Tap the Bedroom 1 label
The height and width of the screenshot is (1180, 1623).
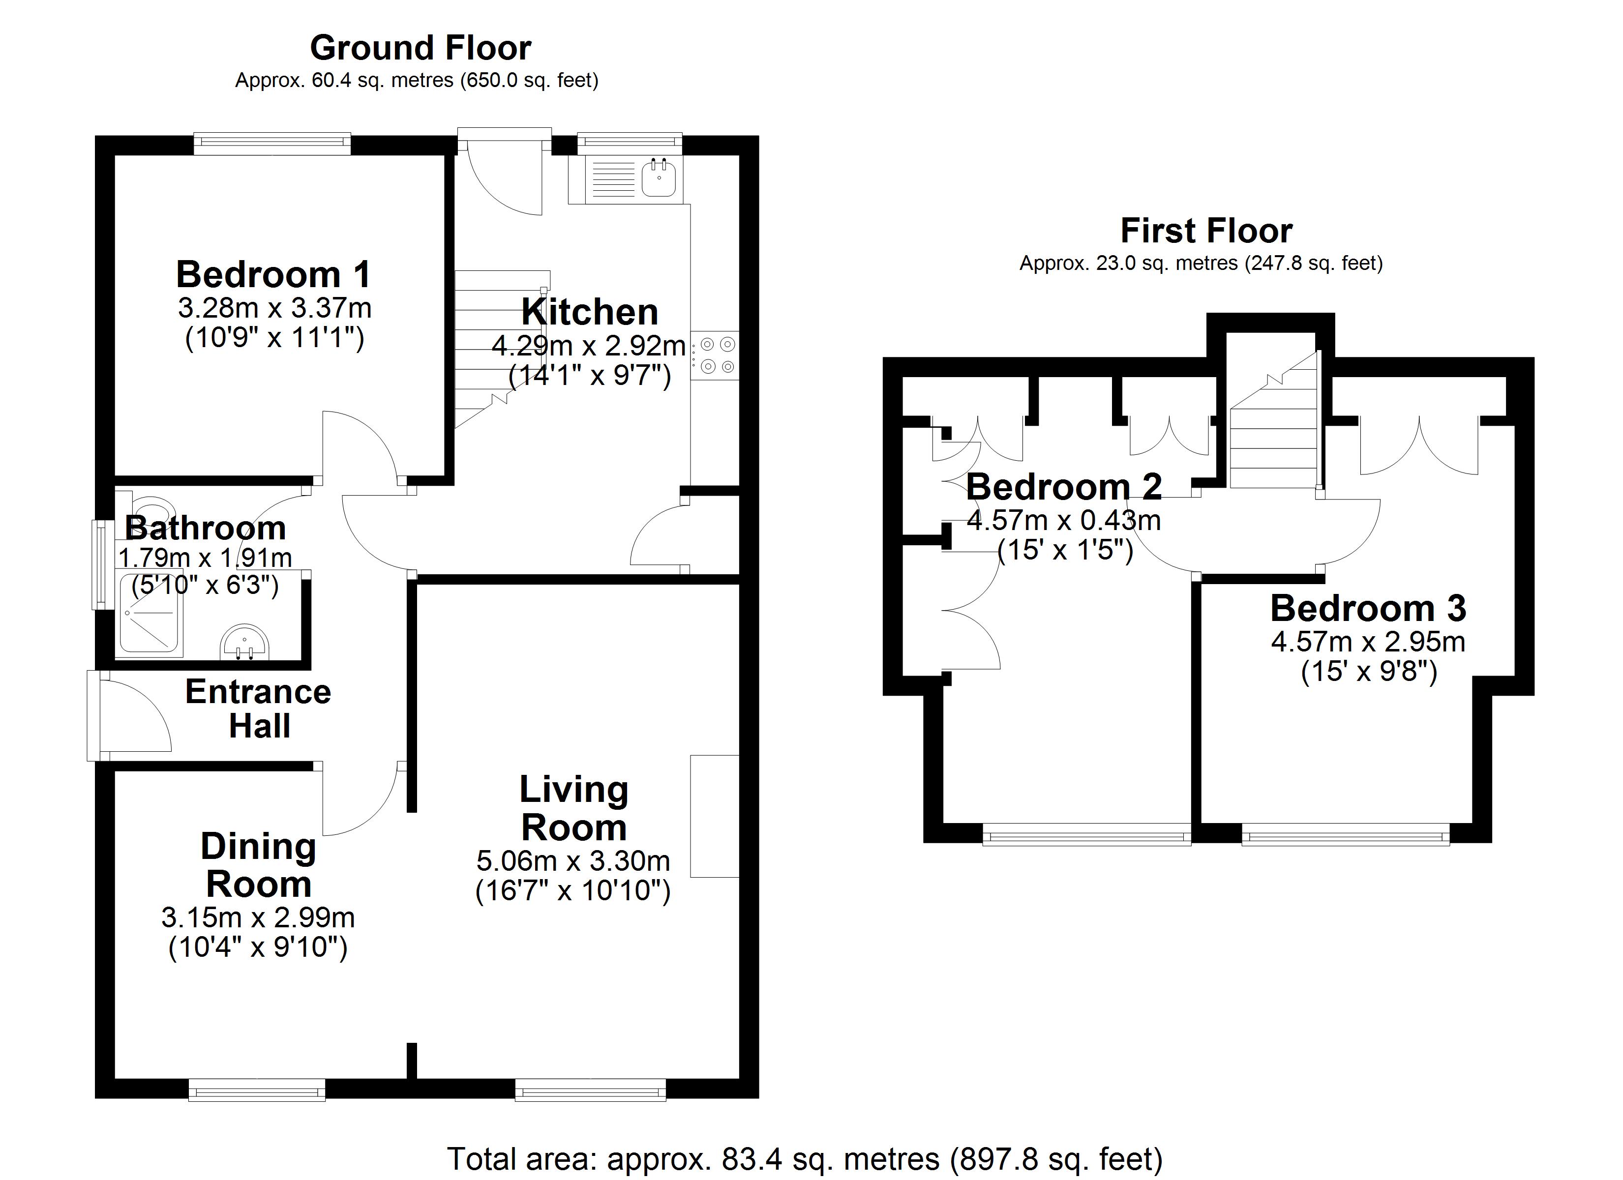tap(273, 275)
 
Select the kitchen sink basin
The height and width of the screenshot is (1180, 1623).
tap(659, 178)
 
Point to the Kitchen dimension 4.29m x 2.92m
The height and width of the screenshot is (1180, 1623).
tap(588, 346)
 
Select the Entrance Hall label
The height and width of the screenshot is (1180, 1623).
tap(258, 708)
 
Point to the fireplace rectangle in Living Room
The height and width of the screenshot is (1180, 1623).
tap(714, 816)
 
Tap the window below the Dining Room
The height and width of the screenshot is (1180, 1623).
tap(257, 1091)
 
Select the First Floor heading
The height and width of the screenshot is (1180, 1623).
tap(1206, 231)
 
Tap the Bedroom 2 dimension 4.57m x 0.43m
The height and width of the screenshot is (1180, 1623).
tap(1063, 520)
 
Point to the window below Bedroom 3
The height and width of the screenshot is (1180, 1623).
tap(1345, 835)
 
